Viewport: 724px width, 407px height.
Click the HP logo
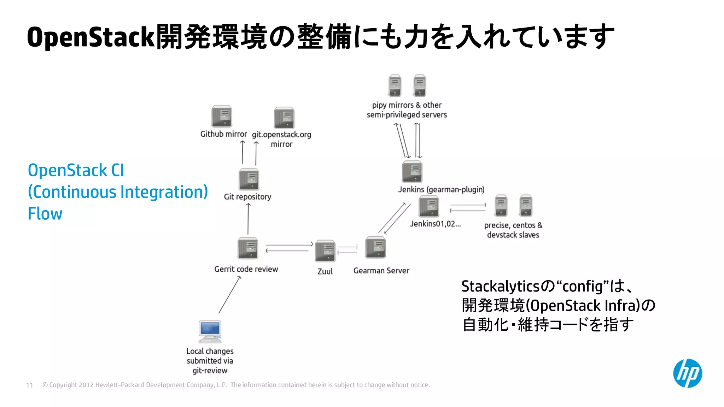(x=687, y=373)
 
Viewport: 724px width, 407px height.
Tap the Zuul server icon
(x=325, y=251)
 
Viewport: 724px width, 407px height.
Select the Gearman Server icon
(x=375, y=248)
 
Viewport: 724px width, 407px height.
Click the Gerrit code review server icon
(x=248, y=248)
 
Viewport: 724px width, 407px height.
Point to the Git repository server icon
(x=249, y=179)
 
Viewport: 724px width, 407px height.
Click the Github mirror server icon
(x=222, y=116)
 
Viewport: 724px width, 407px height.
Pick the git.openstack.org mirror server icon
(x=284, y=118)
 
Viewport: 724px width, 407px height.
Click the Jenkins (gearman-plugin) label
(x=441, y=190)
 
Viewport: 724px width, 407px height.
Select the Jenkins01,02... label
(x=435, y=224)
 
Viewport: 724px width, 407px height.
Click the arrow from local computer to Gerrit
(x=230, y=295)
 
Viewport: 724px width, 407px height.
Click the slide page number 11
(x=30, y=385)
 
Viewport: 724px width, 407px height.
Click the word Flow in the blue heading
(x=45, y=214)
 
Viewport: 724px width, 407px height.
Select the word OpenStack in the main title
(x=91, y=37)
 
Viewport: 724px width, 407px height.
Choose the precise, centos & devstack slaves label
(x=513, y=230)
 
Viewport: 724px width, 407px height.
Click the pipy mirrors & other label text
(x=407, y=105)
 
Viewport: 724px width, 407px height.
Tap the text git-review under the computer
(x=210, y=371)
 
